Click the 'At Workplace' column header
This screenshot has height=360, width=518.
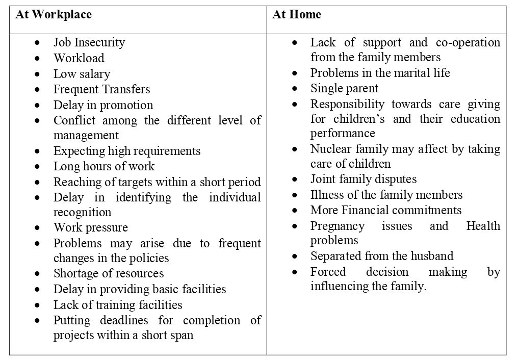tap(54, 14)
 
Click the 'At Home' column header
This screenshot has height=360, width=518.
tap(297, 14)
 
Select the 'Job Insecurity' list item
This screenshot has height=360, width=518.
tap(89, 42)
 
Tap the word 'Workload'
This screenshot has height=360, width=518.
tap(79, 58)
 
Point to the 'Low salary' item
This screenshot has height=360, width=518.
tap(82, 74)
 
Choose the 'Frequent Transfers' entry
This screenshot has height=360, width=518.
tap(101, 89)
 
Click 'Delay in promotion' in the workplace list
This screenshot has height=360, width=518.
tap(103, 105)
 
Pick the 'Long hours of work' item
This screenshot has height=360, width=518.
tap(103, 166)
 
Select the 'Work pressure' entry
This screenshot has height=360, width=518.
tap(91, 227)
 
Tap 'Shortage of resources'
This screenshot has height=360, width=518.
tap(109, 273)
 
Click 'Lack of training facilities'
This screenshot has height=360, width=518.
tap(118, 305)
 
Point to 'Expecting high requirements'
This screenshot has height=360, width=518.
tap(127, 151)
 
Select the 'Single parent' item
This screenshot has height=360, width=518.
tap(344, 88)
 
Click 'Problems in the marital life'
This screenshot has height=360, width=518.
tap(380, 73)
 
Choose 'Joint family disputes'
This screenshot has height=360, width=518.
tap(363, 179)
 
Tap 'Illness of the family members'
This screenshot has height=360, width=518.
tap(386, 195)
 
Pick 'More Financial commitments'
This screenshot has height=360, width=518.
tap(385, 210)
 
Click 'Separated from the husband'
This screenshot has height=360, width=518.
tap(381, 255)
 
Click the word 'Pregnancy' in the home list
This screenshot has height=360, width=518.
tap(337, 226)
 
